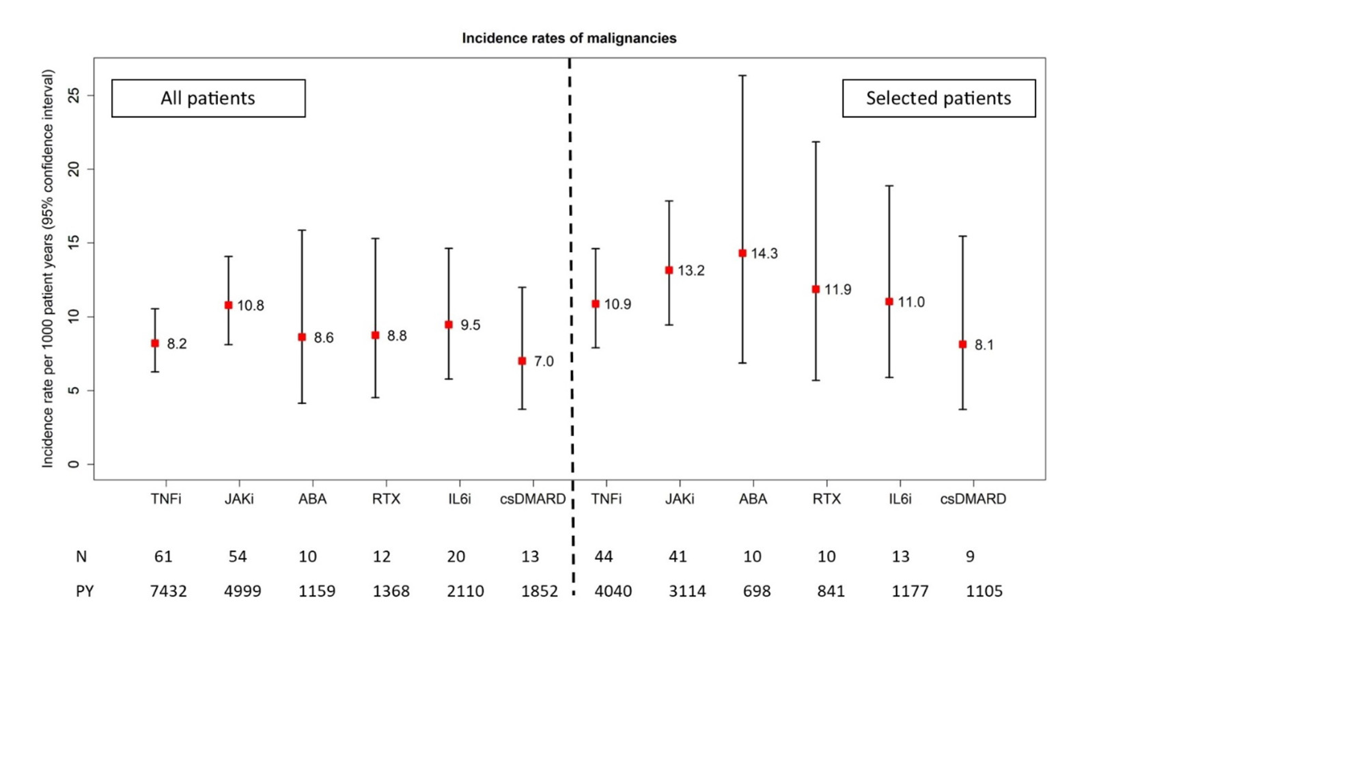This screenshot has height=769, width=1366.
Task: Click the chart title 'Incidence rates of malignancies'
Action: pyautogui.click(x=569, y=38)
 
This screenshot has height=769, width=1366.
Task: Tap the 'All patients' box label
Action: pyautogui.click(x=208, y=98)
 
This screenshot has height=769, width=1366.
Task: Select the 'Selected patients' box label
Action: pyautogui.click(x=938, y=98)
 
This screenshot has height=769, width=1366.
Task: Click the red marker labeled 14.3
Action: pyautogui.click(x=742, y=254)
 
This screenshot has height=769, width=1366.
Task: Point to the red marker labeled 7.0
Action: pyautogui.click(x=522, y=361)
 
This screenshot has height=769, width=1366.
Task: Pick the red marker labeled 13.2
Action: pyautogui.click(x=669, y=271)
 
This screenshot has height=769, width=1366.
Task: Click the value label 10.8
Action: pyautogui.click(x=251, y=306)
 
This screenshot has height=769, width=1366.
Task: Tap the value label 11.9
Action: pyautogui.click(x=837, y=290)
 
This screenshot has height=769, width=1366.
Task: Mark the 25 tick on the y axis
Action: pyautogui.click(x=74, y=95)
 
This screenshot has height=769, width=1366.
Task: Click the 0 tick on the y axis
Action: pyautogui.click(x=74, y=464)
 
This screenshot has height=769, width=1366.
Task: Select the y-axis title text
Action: pyautogui.click(x=48, y=269)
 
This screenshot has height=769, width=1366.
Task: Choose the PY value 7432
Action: pyautogui.click(x=168, y=591)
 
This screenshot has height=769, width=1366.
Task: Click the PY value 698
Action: pyautogui.click(x=757, y=591)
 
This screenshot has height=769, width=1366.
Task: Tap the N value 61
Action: pyautogui.click(x=163, y=557)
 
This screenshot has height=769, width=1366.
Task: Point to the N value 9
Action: pyautogui.click(x=970, y=557)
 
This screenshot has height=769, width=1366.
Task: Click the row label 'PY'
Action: pyautogui.click(x=85, y=591)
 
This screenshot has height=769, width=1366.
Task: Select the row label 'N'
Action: pyautogui.click(x=81, y=557)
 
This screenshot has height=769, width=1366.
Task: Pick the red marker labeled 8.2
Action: pyautogui.click(x=155, y=344)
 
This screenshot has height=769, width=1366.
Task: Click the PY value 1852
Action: pyautogui.click(x=540, y=591)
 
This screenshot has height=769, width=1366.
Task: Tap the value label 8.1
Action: pyautogui.click(x=984, y=345)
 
